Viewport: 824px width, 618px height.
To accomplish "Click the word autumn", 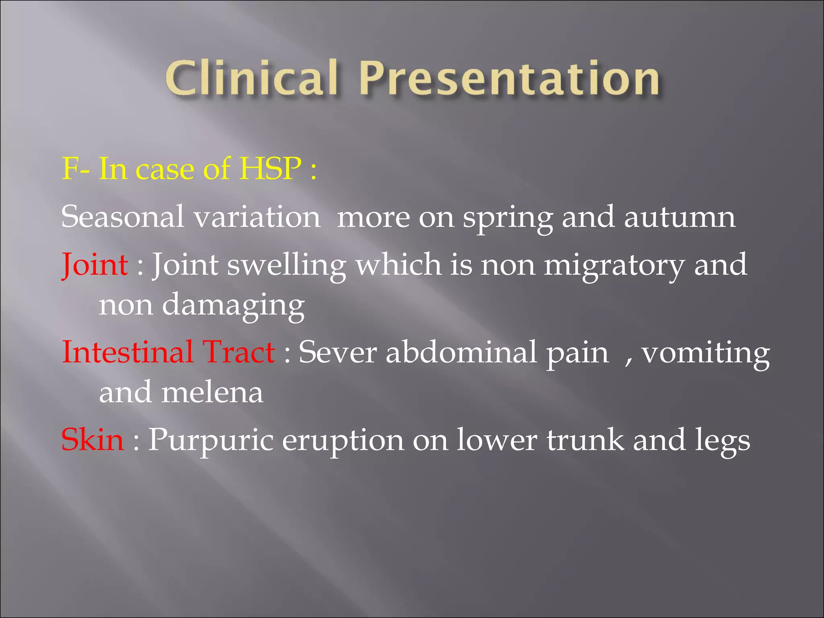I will [680, 217].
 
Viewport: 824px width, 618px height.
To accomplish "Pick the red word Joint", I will [95, 265].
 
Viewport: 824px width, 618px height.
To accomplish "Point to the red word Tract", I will [239, 352].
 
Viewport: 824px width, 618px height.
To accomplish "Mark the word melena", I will [212, 392].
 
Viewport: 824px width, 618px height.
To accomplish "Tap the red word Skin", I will [93, 439].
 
